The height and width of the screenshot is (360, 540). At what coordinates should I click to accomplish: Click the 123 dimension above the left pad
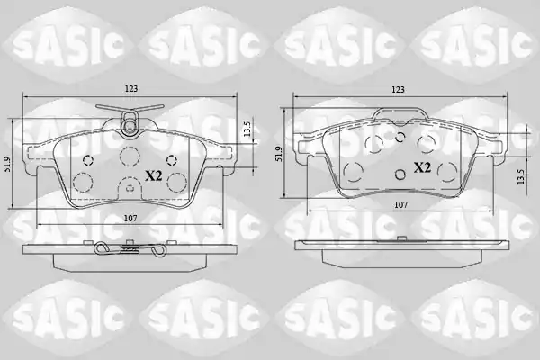pyautogui.click(x=130, y=89)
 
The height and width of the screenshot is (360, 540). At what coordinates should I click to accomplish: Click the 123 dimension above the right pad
pyautogui.click(x=398, y=90)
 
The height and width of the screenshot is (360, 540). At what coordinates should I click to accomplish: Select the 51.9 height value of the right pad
pyautogui.click(x=279, y=154)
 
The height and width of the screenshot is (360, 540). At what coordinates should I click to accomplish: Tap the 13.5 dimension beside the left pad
pyautogui.click(x=247, y=130)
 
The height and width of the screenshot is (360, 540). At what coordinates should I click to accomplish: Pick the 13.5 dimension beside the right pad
pyautogui.click(x=521, y=176)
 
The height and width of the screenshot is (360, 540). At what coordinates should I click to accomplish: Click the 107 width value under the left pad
pyautogui.click(x=130, y=219)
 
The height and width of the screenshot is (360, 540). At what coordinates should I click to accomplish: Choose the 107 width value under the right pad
pyautogui.click(x=400, y=205)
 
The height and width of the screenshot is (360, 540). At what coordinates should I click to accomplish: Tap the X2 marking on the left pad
pyautogui.click(x=153, y=176)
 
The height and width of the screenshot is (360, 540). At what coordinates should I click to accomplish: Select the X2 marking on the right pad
pyautogui.click(x=422, y=167)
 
